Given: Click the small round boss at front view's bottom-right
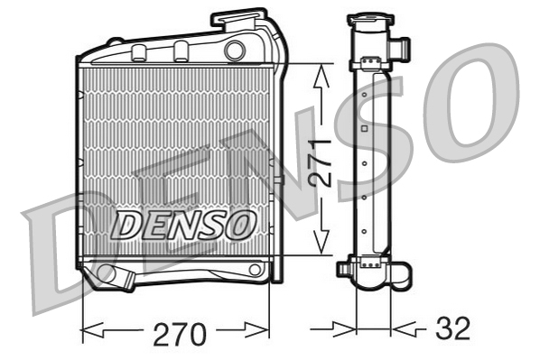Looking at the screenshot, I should click(x=256, y=269).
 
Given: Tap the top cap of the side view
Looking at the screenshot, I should click(x=371, y=19).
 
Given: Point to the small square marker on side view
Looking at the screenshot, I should click(x=363, y=130).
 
